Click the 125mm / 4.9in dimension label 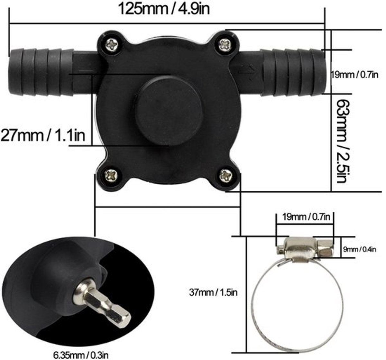click(164, 9)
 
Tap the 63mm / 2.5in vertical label click(344, 141)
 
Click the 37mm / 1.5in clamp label click(213, 292)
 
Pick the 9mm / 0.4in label click(360, 250)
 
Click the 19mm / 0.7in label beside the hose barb click(355, 75)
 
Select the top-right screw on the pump click(225, 45)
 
